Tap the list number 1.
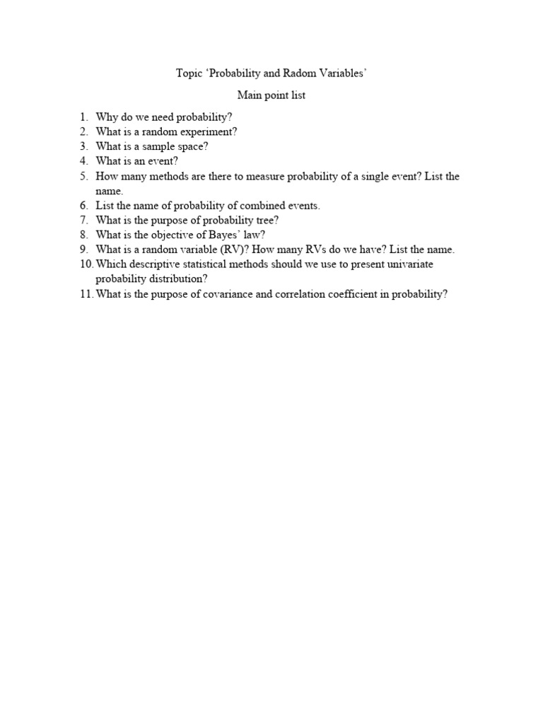83,117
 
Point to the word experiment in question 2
210,132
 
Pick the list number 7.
83,221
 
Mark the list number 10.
86,264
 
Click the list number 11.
86,294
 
